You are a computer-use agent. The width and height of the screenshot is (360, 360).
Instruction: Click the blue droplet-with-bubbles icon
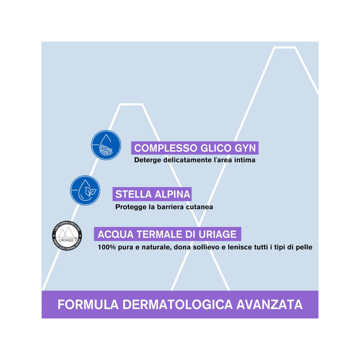coord(106,145)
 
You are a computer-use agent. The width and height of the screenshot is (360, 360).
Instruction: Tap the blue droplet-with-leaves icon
coord(85,190)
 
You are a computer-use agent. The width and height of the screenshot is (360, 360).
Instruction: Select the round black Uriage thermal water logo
coord(67,236)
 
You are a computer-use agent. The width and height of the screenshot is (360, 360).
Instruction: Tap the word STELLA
coord(133,194)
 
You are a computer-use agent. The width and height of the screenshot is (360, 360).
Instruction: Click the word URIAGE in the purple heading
coord(218,234)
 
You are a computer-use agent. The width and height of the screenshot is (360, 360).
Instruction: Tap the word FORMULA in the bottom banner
coord(88,305)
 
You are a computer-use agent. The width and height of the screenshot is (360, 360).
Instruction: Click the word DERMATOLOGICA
coord(178,305)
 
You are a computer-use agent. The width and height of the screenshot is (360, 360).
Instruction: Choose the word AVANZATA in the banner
coord(269,305)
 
